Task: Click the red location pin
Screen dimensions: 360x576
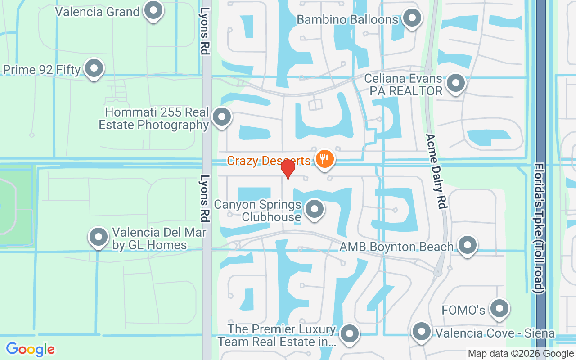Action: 288,169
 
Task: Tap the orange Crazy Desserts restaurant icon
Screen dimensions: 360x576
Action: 324,159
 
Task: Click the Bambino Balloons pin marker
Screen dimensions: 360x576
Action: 411,18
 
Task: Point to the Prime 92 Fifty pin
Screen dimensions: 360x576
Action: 94,69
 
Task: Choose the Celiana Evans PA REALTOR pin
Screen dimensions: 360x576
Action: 456,83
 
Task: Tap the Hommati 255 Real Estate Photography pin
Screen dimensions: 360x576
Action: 221,117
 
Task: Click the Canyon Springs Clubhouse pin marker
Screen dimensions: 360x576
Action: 315,209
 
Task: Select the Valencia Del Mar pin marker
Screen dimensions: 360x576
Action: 99,237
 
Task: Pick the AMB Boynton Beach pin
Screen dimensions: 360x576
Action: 468,246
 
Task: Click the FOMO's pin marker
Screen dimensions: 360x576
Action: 499,309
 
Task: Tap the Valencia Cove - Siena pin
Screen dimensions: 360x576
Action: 422,332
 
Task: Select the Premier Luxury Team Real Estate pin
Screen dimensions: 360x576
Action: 349,334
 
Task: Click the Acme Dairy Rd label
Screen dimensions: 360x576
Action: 436,171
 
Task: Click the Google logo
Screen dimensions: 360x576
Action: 30,349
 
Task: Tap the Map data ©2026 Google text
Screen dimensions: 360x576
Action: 521,354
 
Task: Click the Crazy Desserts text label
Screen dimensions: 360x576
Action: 269,161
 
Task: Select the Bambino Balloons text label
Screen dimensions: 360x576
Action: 347,20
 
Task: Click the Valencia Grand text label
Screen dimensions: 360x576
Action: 97,11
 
